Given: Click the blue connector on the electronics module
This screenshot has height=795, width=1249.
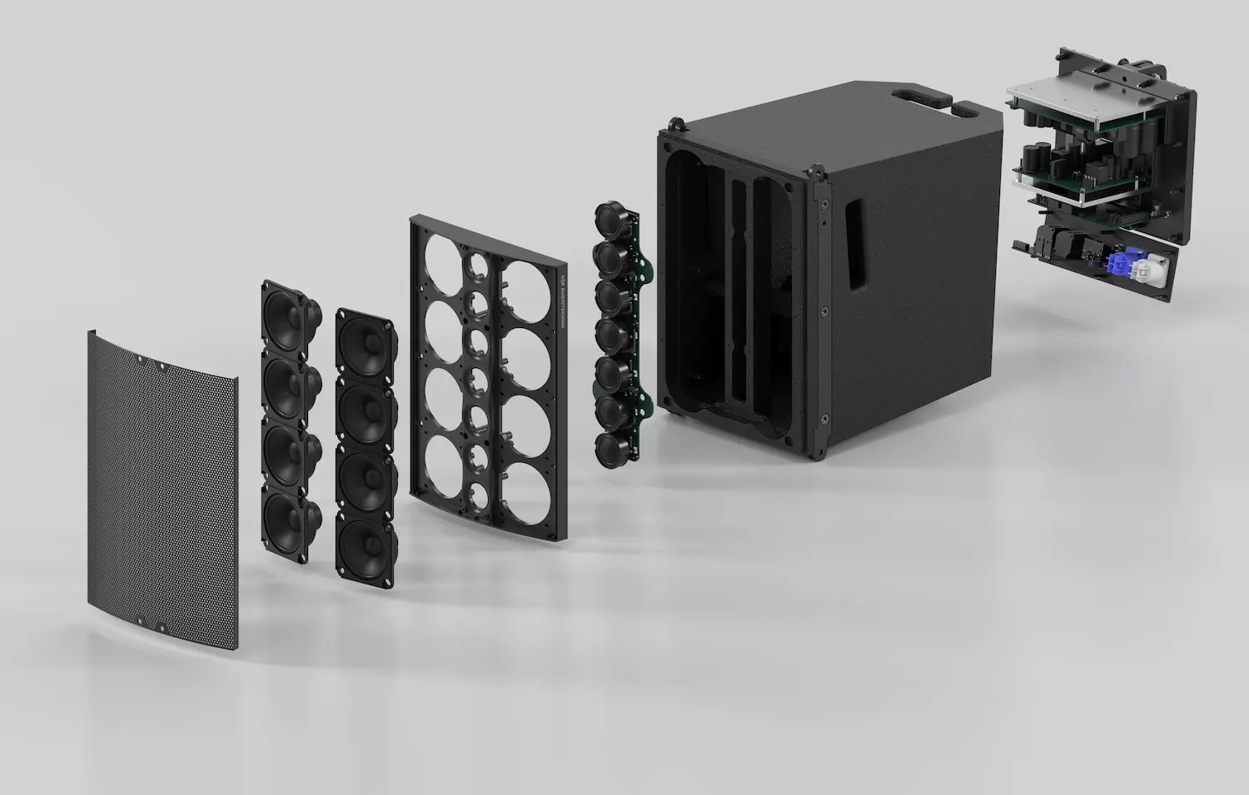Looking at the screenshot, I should pyautogui.click(x=1116, y=265).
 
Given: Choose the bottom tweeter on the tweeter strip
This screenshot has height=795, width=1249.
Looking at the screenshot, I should pyautogui.click(x=612, y=445).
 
